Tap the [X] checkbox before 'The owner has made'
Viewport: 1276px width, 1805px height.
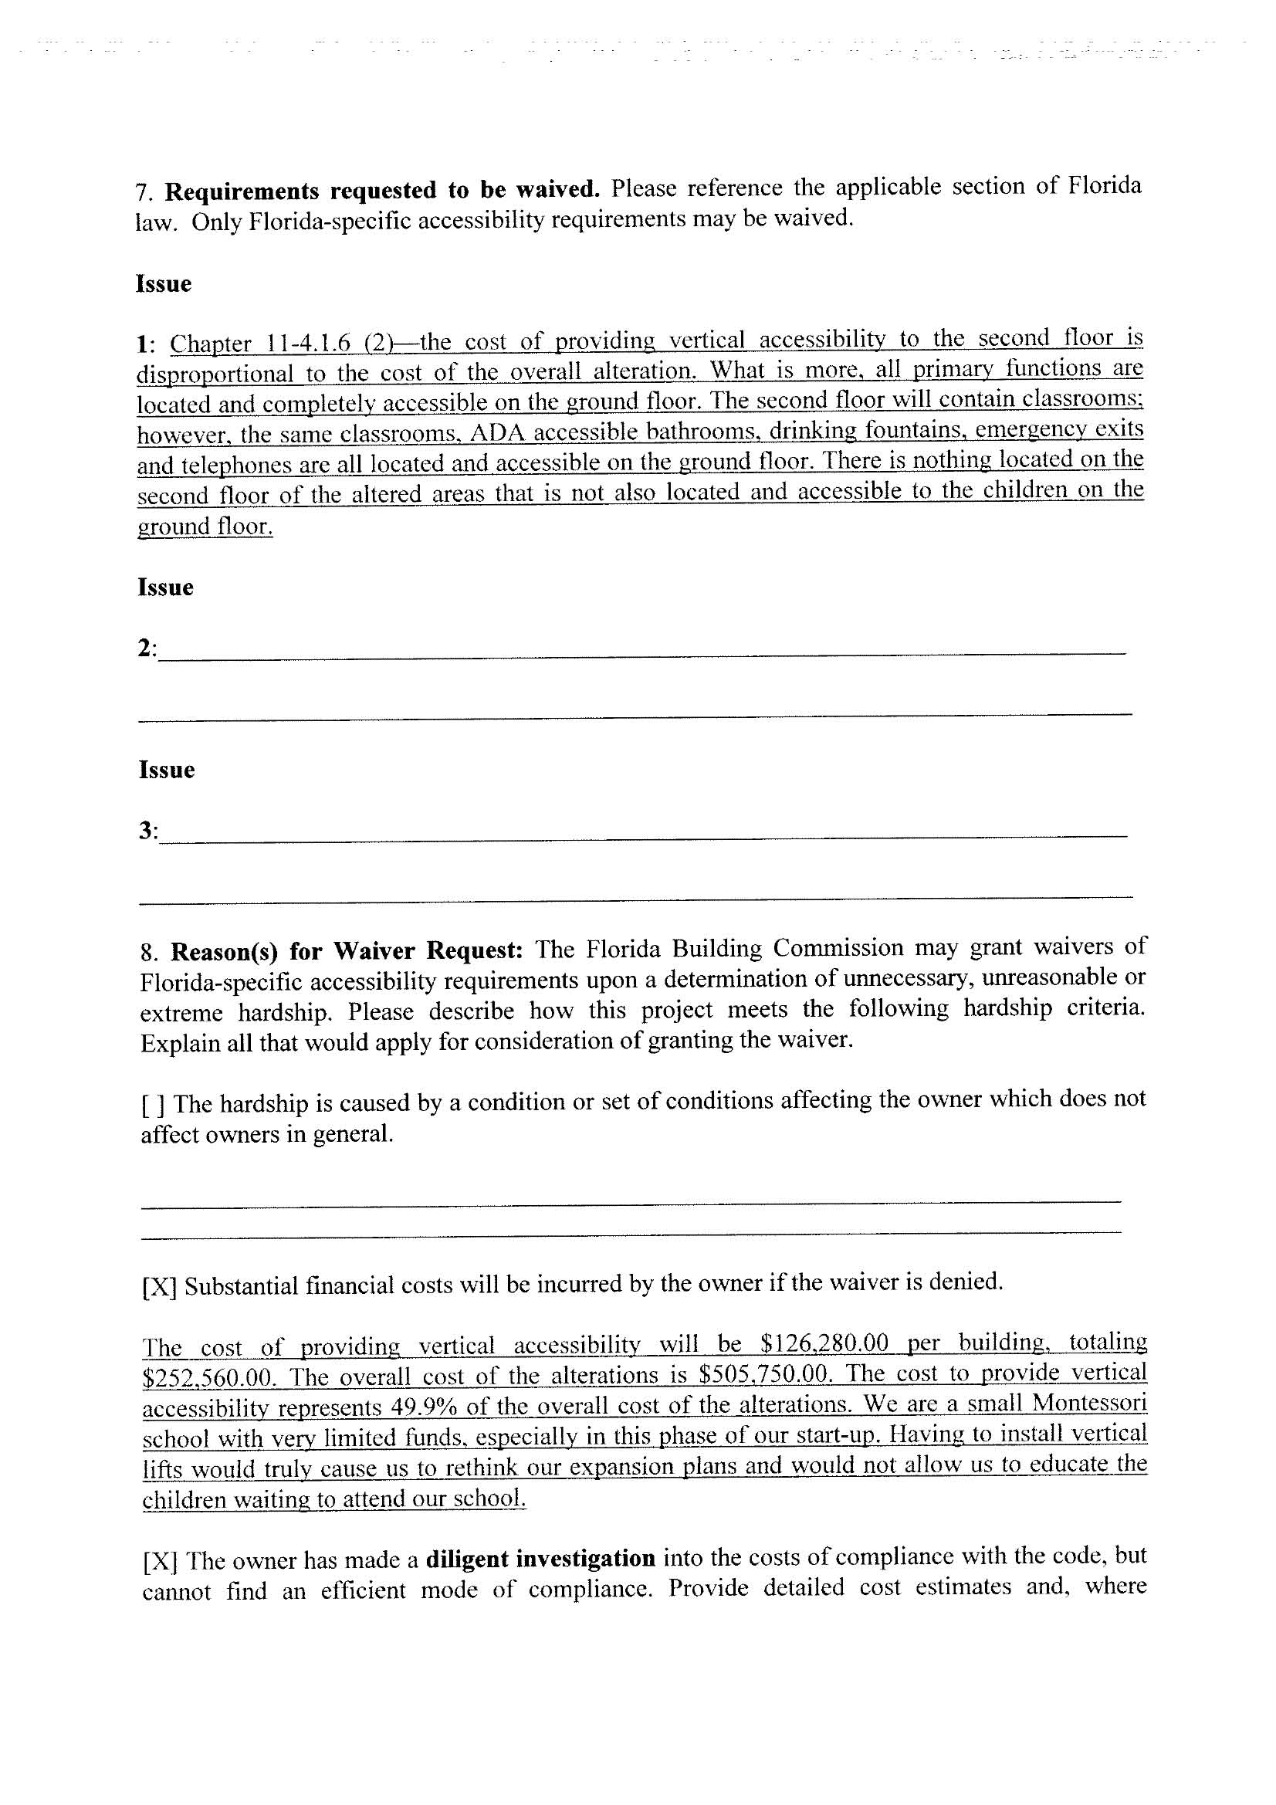[161, 1560]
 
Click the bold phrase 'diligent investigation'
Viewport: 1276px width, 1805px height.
[540, 1558]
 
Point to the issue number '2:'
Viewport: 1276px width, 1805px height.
[147, 649]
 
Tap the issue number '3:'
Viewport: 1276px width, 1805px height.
[147, 831]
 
